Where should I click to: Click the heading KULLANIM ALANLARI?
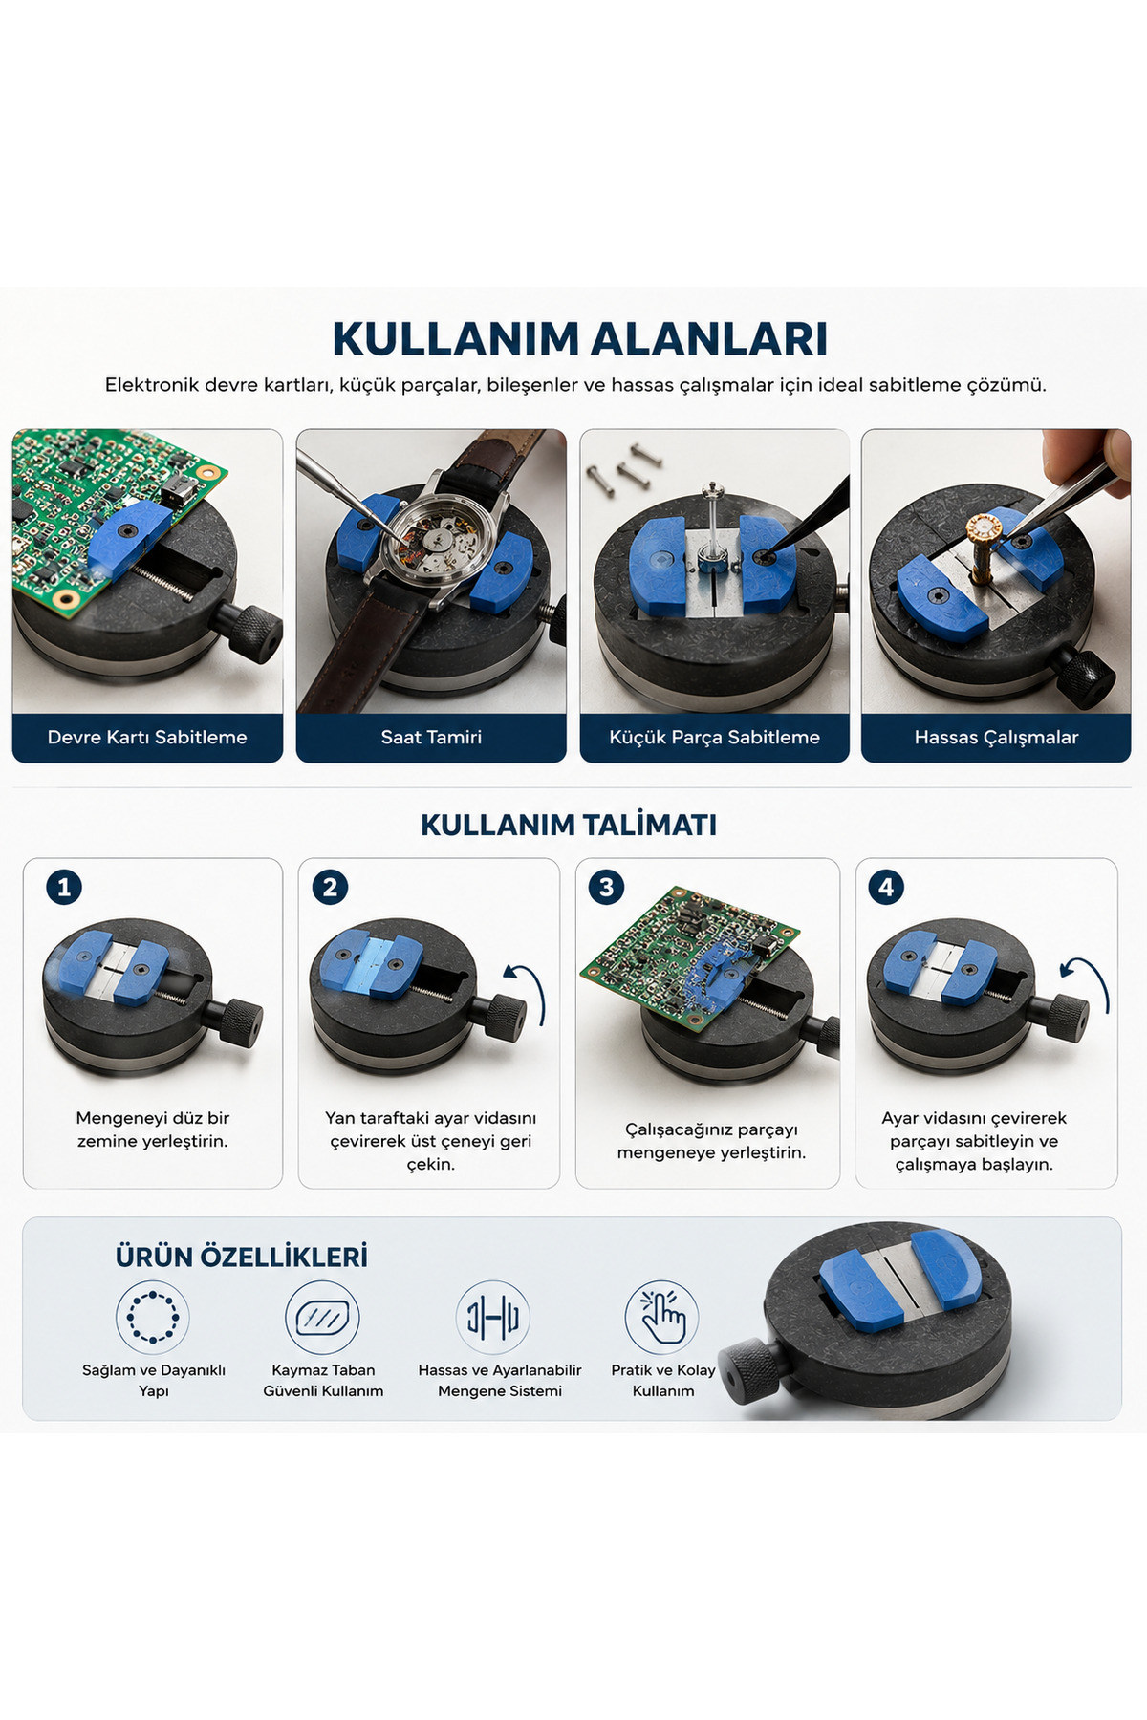coord(579,339)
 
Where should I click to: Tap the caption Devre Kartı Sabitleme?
coord(147,737)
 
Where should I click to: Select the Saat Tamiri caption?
coord(431,737)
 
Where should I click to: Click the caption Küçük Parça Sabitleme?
coord(714,737)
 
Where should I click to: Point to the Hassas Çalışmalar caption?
coord(996,737)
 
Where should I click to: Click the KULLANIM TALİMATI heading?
coord(569,825)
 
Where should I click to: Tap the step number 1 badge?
coord(64,887)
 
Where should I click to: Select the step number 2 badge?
coord(330,887)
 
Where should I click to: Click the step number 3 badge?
coord(606,887)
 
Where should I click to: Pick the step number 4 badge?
coord(886,887)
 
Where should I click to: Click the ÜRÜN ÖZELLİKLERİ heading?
coord(241,1257)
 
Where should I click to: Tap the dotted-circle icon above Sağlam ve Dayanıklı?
coord(153,1317)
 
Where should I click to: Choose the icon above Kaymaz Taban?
coord(323,1317)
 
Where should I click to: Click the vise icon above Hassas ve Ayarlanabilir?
coord(493,1317)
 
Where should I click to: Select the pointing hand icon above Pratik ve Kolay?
coord(662,1317)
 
